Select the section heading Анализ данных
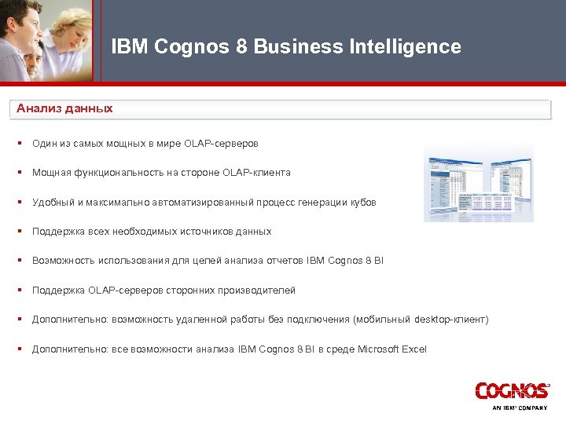tap(64, 108)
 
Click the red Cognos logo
tap(512, 391)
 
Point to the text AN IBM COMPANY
tap(520, 408)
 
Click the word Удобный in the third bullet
tap(53, 202)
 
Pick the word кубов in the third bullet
tap(363, 202)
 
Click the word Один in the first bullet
tap(44, 144)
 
